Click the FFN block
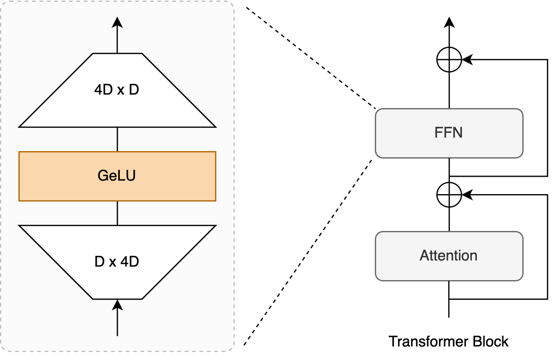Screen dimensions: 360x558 [449, 133]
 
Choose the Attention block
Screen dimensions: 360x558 [449, 256]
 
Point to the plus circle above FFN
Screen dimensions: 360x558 [449, 60]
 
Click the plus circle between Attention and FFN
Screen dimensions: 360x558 [449, 195]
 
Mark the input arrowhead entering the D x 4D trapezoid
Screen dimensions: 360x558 [117, 305]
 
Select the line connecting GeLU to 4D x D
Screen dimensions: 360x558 [117, 139]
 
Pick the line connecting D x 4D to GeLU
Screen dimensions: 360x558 [117, 213]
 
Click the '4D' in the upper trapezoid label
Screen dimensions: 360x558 [103, 90]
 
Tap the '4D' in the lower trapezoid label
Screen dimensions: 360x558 [130, 262]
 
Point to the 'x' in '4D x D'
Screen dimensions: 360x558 [121, 91]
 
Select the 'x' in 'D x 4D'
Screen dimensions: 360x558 [112, 263]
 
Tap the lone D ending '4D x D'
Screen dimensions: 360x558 [134, 90]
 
